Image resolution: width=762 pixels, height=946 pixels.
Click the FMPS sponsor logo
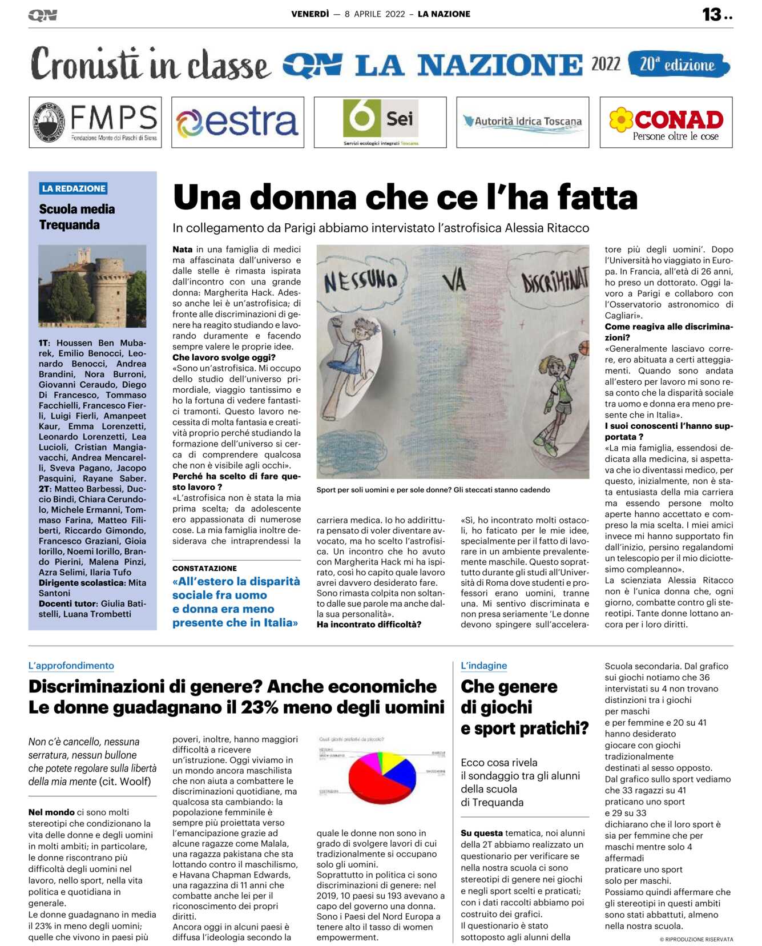pos(95,122)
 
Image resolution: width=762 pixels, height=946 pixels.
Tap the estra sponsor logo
pos(237,122)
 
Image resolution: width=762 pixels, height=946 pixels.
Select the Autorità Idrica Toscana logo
pos(522,122)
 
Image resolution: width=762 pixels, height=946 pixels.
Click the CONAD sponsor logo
pos(666,122)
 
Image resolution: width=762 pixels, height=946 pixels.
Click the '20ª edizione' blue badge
pos(678,65)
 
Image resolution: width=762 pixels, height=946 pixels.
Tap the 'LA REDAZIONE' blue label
pos(74,188)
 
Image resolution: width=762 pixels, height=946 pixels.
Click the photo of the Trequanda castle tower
pos(92,286)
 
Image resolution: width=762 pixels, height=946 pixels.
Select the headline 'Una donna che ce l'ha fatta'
pos(405,198)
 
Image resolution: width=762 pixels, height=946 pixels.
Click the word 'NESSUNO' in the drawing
pos(360,281)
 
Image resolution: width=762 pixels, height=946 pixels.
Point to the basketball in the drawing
pos(584,347)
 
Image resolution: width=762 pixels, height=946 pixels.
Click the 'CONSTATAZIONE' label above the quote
pos(204,568)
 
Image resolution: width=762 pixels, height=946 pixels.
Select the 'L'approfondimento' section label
pos(71,666)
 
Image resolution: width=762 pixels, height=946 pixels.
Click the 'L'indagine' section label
pos(483,666)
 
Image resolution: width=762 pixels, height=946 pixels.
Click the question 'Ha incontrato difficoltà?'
pos(369,625)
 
